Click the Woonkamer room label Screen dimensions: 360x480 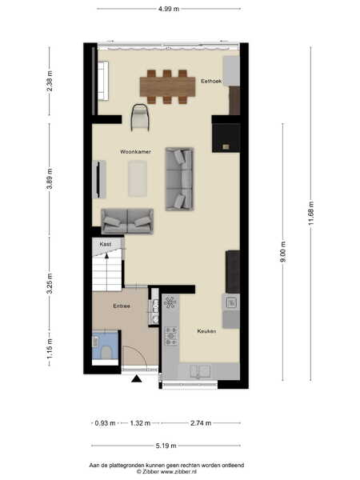click(135, 151)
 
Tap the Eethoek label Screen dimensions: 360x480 click(211, 81)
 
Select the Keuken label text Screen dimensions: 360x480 click(206, 331)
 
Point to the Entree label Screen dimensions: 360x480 click(122, 306)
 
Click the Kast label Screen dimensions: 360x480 click(106, 244)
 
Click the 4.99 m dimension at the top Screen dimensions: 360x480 click(169, 9)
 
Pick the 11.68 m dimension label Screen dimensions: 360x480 click(311, 214)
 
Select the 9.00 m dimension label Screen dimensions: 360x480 click(283, 252)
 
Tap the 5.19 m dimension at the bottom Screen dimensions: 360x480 click(166, 446)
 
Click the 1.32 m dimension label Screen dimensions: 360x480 click(140, 423)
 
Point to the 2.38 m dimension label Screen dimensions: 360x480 click(50, 81)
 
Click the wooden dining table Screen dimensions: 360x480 click(167, 86)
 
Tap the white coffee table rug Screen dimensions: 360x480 click(138, 178)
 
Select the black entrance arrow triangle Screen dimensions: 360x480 click(137, 379)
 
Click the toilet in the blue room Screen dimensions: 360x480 click(106, 352)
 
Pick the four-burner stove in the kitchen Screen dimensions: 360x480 click(171, 336)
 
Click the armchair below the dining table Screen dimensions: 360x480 click(140, 118)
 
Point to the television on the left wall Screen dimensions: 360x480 click(98, 179)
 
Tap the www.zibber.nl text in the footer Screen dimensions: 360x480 click(178, 472)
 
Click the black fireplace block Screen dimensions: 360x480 click(226, 138)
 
